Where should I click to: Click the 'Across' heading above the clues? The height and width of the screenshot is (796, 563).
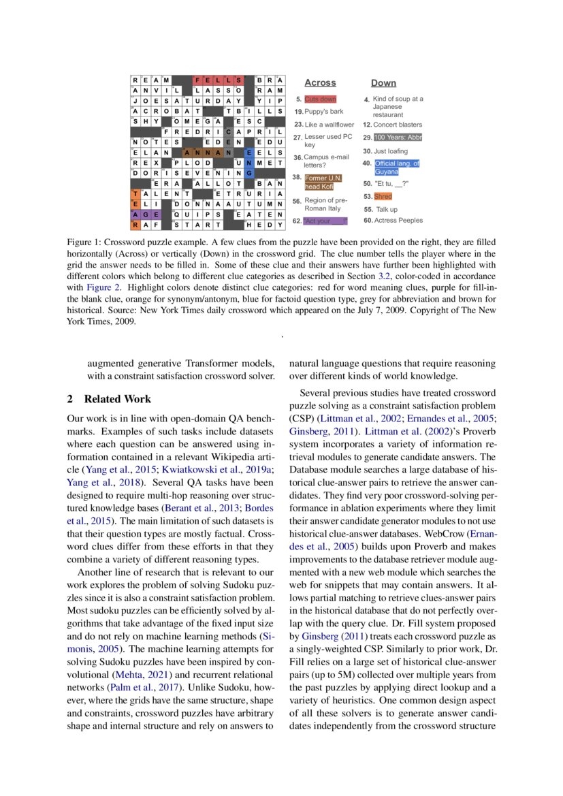point(320,83)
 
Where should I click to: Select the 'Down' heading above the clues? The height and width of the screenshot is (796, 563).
point(383,83)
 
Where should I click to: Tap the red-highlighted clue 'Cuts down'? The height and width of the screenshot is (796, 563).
point(320,99)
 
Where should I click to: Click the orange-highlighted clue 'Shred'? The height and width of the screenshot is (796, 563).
point(383,196)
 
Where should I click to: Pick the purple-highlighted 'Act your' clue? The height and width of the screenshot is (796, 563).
point(325,221)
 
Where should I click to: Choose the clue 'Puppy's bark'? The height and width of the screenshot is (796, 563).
point(323,111)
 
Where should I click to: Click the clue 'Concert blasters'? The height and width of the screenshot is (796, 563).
point(398,125)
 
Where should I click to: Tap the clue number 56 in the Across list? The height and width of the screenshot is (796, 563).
point(297,201)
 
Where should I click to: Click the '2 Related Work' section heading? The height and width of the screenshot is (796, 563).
point(109,399)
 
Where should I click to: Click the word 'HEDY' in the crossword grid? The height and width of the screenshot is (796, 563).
point(265,223)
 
